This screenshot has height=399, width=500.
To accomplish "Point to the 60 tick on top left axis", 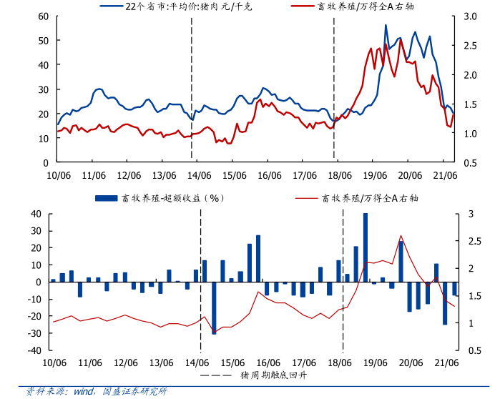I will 43,16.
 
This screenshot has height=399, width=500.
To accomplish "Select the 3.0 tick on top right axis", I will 470,16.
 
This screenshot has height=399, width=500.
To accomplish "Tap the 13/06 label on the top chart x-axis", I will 162,175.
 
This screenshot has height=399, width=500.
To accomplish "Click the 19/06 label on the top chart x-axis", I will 374,175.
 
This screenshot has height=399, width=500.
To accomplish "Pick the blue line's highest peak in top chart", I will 386,25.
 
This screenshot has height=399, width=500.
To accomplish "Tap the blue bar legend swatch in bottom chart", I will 106,198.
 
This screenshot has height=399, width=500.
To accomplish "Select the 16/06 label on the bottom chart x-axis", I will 269,362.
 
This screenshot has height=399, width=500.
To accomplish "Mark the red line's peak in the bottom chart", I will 401,236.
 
